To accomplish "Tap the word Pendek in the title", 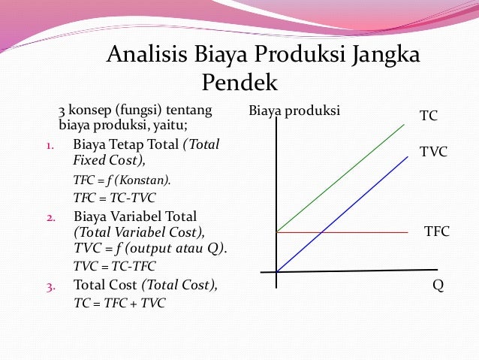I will coord(239,81).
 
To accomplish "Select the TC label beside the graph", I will coord(429,116).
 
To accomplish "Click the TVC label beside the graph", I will coord(433,152).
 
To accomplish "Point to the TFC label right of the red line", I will coord(437,231).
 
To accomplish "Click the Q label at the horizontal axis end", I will coord(438,286).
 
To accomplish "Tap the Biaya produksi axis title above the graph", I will coord(294,112).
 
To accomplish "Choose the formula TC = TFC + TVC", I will coord(119,303).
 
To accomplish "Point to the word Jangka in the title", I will coord(384,56).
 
